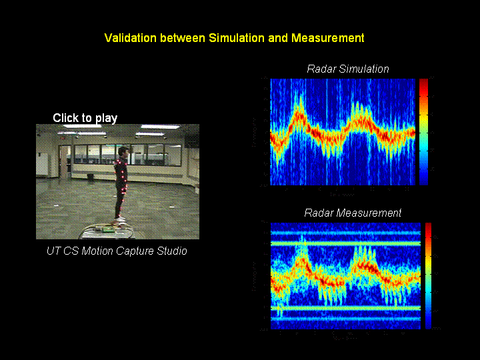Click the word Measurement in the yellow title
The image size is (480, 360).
(327, 38)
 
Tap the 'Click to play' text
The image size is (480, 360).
(85, 118)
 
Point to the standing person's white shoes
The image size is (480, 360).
(119, 218)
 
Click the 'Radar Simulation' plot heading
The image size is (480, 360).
(347, 69)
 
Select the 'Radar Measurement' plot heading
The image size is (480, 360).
(353, 213)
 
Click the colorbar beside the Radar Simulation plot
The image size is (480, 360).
(423, 131)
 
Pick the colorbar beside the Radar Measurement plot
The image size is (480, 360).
(429, 275)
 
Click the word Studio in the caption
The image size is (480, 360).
(171, 251)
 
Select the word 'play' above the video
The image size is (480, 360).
(106, 118)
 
